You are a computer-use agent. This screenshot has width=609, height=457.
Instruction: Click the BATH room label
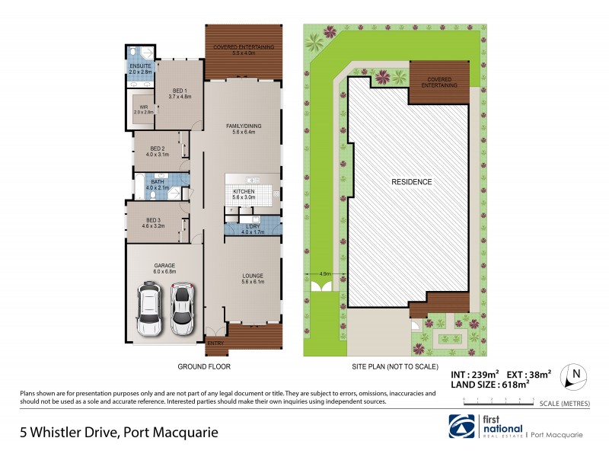(x=158, y=181)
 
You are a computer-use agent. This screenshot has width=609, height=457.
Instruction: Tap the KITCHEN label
(x=244, y=191)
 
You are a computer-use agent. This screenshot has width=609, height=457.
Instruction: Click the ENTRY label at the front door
(x=215, y=344)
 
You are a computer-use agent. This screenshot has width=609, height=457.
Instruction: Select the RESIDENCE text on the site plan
(x=412, y=182)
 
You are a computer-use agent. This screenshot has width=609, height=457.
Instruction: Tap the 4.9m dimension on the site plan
(x=325, y=273)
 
